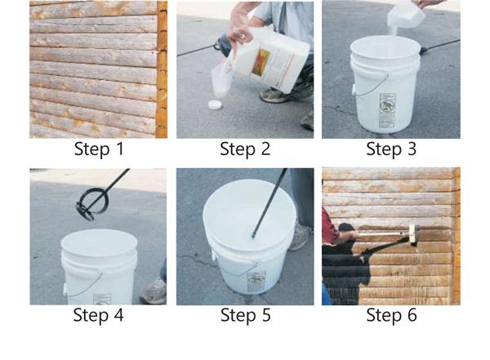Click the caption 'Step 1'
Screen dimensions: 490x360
[x=99, y=149]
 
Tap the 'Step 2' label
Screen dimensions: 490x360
[x=245, y=149]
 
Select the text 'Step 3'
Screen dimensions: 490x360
[x=391, y=149]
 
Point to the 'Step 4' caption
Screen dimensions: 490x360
[x=99, y=314]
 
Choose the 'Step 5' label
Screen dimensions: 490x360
[x=245, y=314]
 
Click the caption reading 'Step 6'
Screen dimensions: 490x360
[x=391, y=314]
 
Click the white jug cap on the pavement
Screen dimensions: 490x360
[x=216, y=104]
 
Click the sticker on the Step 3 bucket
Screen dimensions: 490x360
[x=387, y=110]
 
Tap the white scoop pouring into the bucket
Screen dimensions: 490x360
[x=406, y=15]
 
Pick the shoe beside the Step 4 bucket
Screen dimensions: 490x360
[x=154, y=292]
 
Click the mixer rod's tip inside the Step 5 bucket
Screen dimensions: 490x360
[x=253, y=237]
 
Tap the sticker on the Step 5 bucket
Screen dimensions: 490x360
[x=256, y=282]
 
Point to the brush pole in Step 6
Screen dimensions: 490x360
[x=382, y=233]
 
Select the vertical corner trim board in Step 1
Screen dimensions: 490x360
[x=162, y=69]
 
